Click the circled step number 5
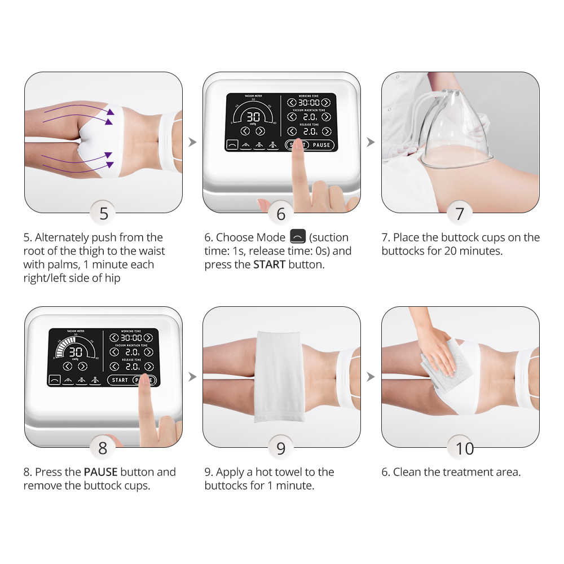(x=104, y=213)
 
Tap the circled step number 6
(x=281, y=213)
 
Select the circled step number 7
(x=460, y=213)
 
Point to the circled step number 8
(x=103, y=447)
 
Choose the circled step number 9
(x=281, y=447)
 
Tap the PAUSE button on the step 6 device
(x=321, y=145)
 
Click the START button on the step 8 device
(x=120, y=380)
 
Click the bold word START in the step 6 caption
(x=270, y=265)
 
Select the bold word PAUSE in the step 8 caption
(x=101, y=472)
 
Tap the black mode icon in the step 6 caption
(x=298, y=236)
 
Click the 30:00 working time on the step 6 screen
(x=309, y=103)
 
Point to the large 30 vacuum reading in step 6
(x=253, y=117)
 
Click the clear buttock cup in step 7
(x=456, y=130)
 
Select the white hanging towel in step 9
(x=279, y=376)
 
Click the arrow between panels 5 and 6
(x=192, y=142)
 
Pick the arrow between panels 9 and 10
(x=371, y=377)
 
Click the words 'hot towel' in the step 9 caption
(x=279, y=472)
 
